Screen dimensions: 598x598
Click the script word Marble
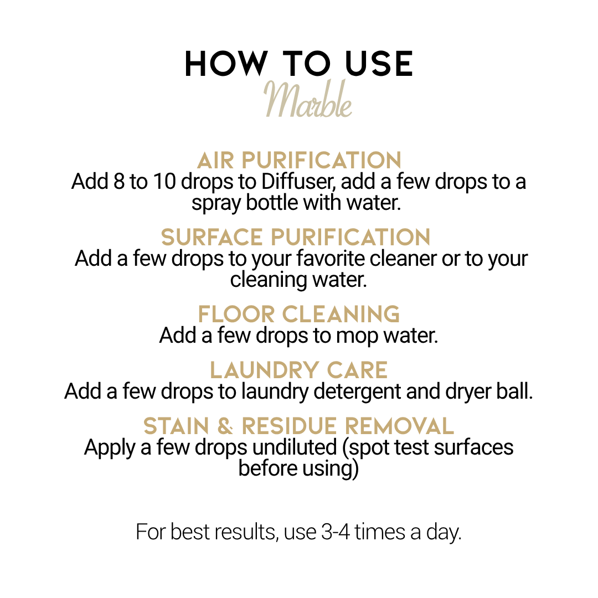click(308, 99)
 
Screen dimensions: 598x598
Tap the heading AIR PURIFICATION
click(299, 160)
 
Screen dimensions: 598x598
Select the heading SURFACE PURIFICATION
click(296, 237)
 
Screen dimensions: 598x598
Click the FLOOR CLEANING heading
click(298, 315)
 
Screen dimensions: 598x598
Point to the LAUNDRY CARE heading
click(298, 370)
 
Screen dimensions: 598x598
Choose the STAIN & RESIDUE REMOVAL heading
click(298, 426)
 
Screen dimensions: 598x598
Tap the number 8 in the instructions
click(120, 182)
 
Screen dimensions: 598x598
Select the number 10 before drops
click(164, 182)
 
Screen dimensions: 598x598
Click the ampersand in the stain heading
click(225, 426)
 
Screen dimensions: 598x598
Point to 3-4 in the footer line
click(336, 532)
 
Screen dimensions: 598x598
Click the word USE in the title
click(379, 64)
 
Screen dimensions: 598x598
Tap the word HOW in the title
click(226, 64)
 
